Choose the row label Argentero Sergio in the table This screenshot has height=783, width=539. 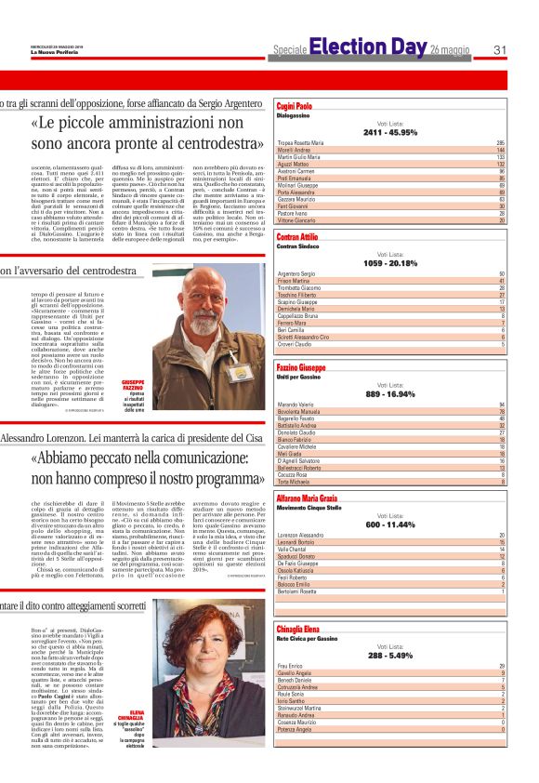(298, 274)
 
